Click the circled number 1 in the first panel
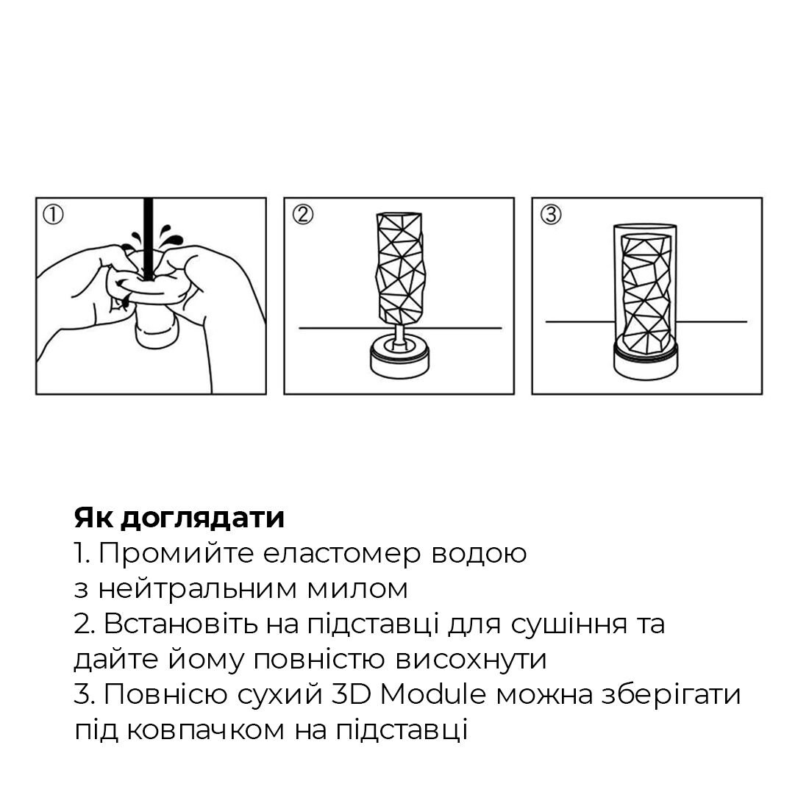tap(54, 215)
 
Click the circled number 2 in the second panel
tap(302, 215)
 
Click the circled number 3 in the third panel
tap(550, 215)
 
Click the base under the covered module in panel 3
tap(646, 360)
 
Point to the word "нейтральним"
tap(193, 588)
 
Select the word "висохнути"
tap(471, 659)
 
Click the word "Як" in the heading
tap(93, 518)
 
